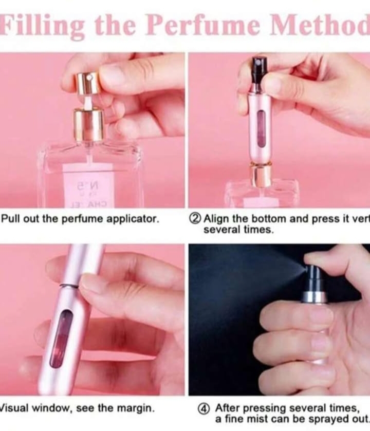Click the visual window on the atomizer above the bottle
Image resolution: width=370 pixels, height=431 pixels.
(x=261, y=128)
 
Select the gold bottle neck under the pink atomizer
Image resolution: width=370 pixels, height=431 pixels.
(x=261, y=175)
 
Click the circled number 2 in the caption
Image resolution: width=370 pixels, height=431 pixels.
(x=195, y=219)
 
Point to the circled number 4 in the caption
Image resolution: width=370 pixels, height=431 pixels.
(x=204, y=408)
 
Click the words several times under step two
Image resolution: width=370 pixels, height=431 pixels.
(x=238, y=230)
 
